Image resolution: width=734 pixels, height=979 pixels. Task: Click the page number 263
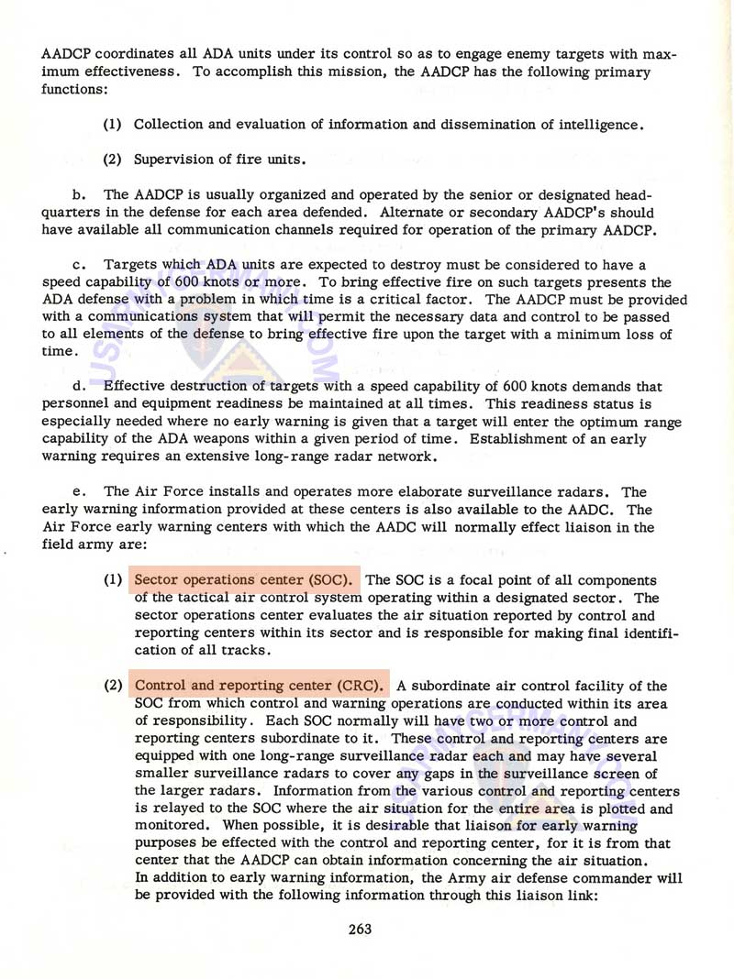tap(360, 929)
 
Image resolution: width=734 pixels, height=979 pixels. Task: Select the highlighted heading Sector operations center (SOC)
tap(247, 579)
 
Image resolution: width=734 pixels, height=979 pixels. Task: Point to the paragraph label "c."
tap(78, 264)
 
